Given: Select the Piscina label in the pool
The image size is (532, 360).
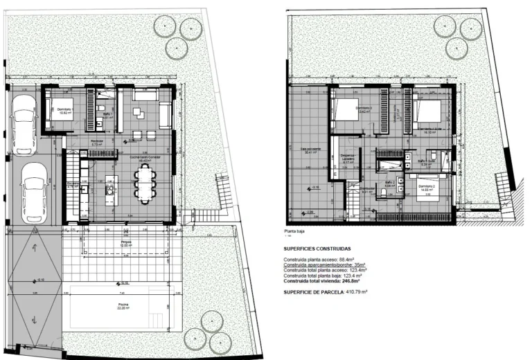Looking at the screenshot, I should pos(123,305).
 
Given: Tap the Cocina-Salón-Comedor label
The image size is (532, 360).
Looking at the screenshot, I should pos(145,157).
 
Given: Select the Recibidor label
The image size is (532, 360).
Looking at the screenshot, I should pos(97,143).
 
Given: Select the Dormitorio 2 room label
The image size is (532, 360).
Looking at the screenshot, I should pos(429,187).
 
